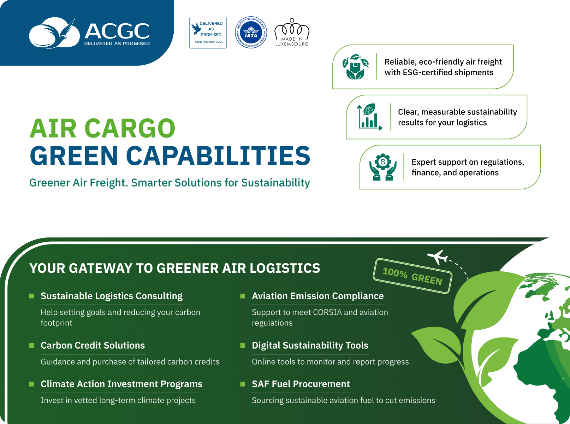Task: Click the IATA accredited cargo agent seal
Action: (x=251, y=33)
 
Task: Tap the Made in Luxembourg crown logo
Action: (x=292, y=32)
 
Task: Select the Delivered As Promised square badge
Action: (x=208, y=33)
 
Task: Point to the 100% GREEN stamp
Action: (x=412, y=276)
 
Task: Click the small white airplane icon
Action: (x=438, y=257)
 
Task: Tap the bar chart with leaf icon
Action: (x=369, y=117)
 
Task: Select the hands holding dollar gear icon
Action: (x=383, y=167)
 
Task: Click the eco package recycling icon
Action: (x=355, y=67)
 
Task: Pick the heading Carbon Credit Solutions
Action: (x=93, y=345)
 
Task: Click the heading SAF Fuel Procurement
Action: (x=301, y=384)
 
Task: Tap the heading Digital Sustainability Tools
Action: (x=310, y=345)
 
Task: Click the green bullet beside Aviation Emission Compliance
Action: (x=243, y=296)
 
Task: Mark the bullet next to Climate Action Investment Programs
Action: (x=32, y=384)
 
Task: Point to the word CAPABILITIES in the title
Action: (x=218, y=156)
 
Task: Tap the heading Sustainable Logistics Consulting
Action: (x=112, y=296)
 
